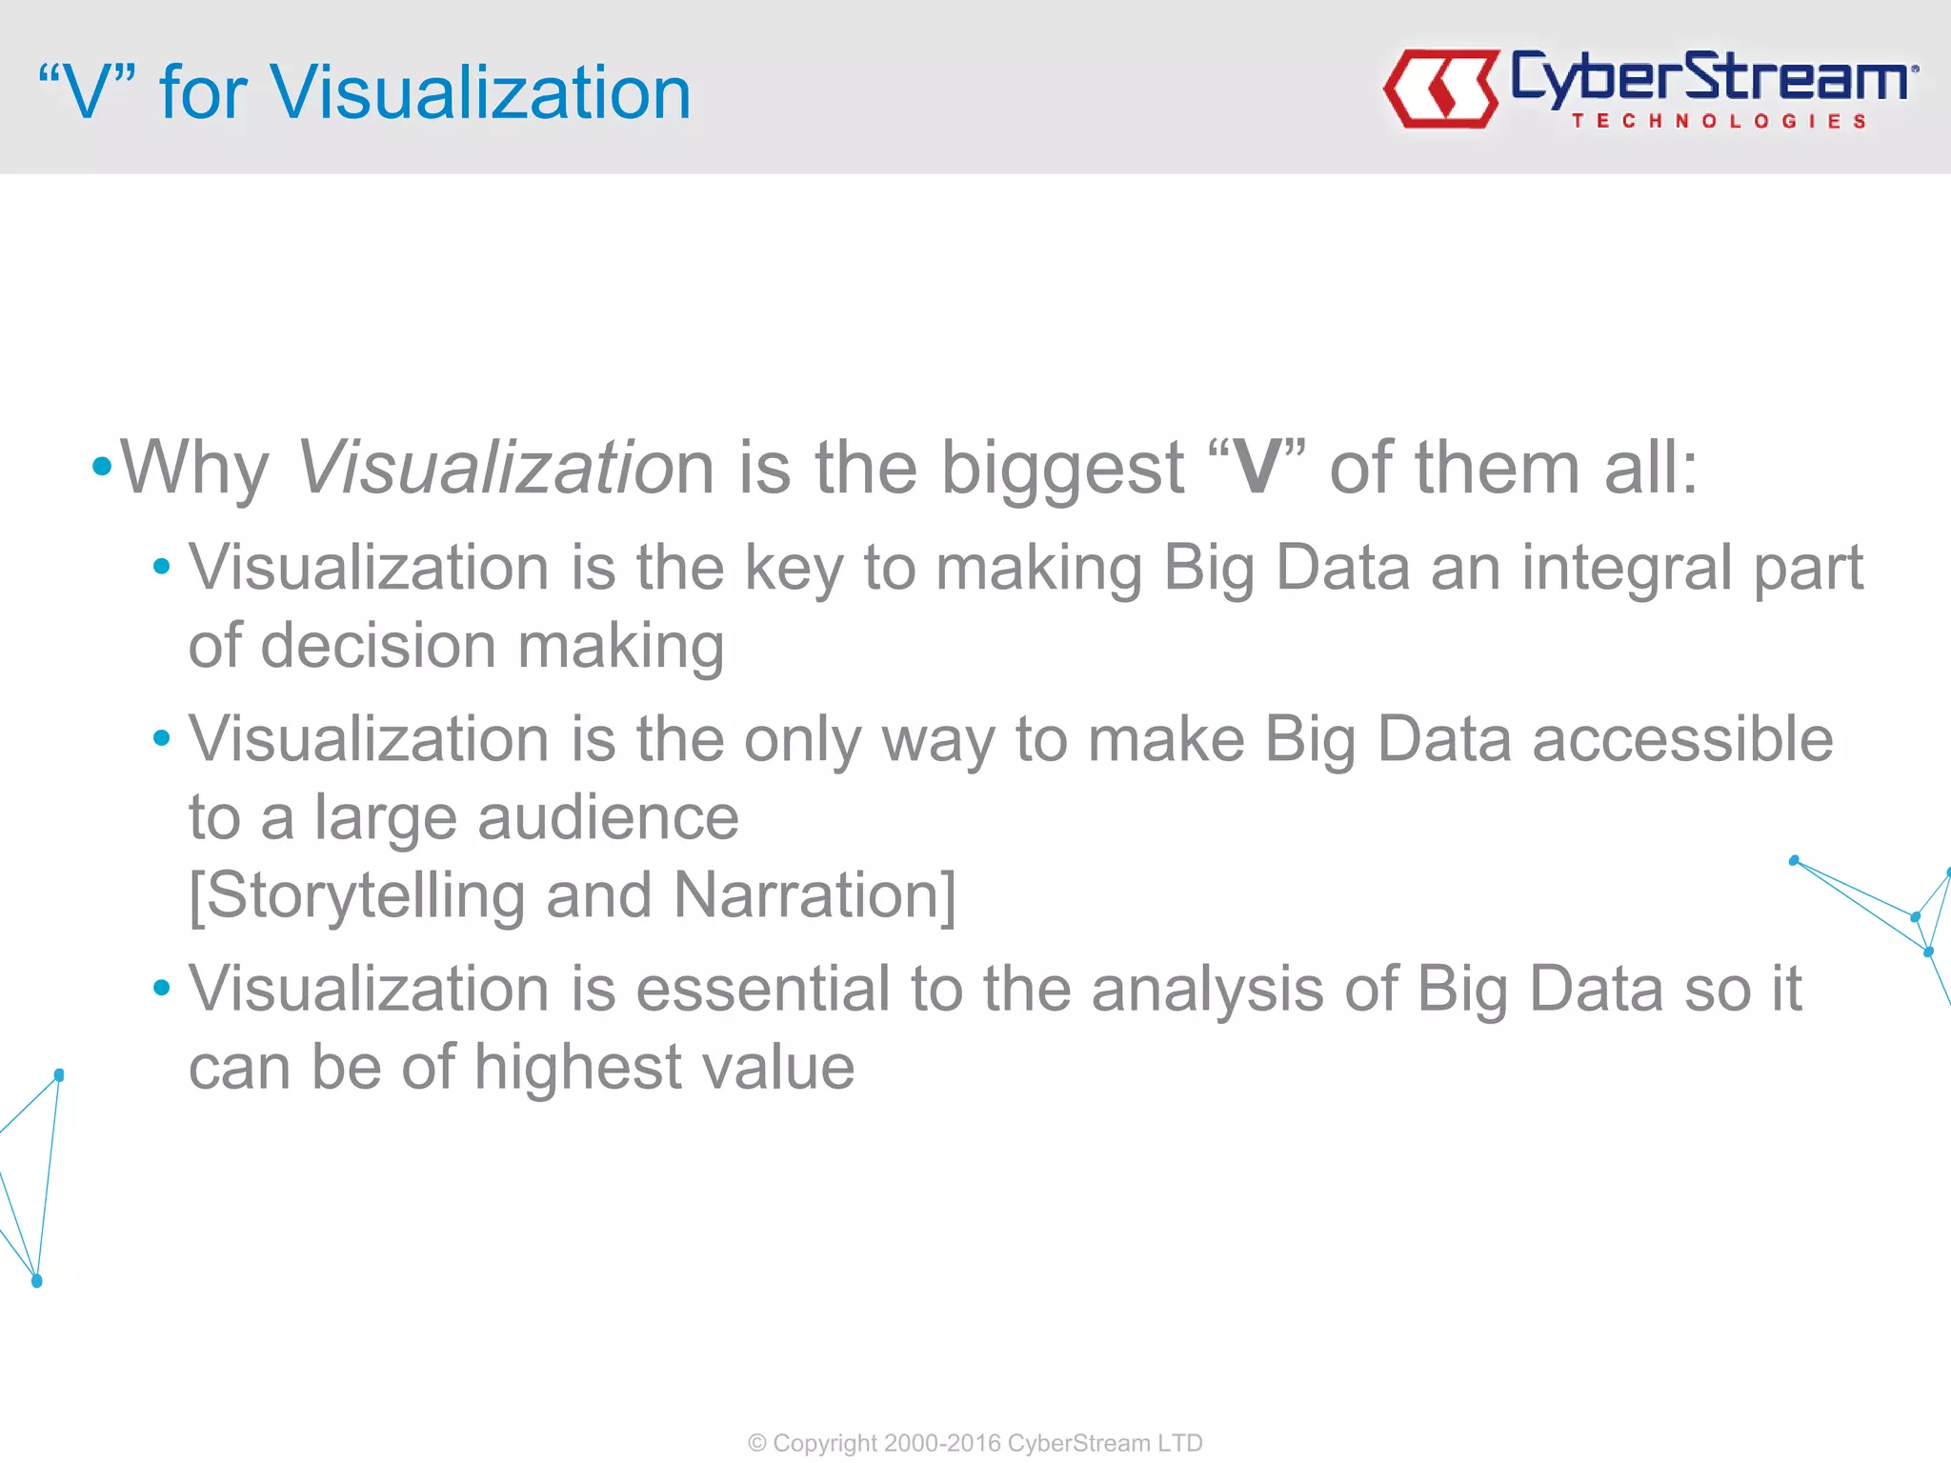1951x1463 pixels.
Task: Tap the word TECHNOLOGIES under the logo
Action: click(x=1719, y=121)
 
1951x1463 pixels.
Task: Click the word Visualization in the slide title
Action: click(x=480, y=92)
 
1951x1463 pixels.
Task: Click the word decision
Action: click(x=377, y=647)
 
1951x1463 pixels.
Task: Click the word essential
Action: click(x=762, y=989)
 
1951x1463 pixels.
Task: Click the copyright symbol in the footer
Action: click(x=757, y=1443)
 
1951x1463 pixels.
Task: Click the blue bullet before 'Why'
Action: click(x=102, y=467)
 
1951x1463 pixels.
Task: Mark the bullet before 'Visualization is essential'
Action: click(x=161, y=988)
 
